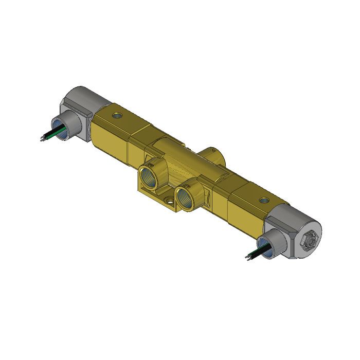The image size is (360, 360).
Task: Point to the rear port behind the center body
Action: pos(210,153)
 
